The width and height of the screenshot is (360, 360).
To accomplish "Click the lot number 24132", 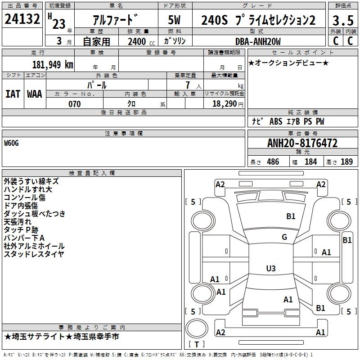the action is (22, 19).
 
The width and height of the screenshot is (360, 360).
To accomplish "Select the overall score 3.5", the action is (343, 20).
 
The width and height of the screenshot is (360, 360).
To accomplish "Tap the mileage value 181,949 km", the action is (53, 64).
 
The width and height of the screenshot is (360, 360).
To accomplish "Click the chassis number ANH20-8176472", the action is (302, 143).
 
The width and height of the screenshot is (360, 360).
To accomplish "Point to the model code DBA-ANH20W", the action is (258, 41).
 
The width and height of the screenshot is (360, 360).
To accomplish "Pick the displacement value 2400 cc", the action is (141, 41).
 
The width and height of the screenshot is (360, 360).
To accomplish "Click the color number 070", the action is (74, 104).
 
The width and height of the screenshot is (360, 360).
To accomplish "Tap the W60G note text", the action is (11, 143).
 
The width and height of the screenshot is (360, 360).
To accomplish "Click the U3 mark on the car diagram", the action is (271, 268).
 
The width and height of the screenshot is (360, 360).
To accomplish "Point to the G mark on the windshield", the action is (284, 237).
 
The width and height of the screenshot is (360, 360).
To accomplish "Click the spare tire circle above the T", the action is (197, 328).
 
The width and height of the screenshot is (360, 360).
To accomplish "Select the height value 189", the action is (346, 162).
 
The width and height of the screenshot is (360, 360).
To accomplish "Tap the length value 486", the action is (273, 162).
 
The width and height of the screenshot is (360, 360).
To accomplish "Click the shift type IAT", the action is (13, 94).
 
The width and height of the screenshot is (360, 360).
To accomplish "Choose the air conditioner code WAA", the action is (35, 94).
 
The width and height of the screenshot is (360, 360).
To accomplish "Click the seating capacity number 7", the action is (188, 85).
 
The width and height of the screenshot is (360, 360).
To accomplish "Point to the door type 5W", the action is (174, 20).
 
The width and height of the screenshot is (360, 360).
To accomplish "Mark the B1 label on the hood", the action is (291, 216).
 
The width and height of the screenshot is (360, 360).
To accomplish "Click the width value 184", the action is (310, 162).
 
